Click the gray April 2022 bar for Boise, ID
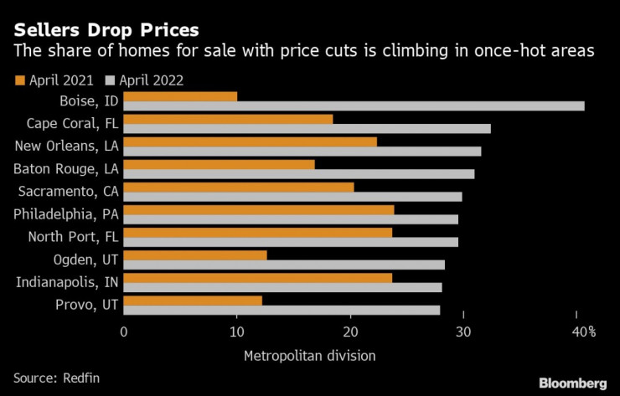(354, 106)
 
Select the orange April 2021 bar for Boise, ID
(180, 96)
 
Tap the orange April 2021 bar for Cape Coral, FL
(228, 119)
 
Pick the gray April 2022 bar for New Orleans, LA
(302, 152)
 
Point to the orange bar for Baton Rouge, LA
(219, 164)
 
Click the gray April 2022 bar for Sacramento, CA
(292, 197)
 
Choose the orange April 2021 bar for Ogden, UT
(195, 255)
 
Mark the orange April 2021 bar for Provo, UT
(193, 300)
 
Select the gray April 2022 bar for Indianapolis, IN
(282, 287)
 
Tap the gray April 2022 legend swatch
(109, 81)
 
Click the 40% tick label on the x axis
(583, 332)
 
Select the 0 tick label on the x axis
(124, 332)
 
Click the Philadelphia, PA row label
(65, 214)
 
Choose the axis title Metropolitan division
(309, 356)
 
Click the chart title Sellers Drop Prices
(106, 31)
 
